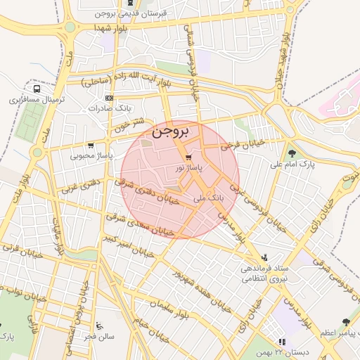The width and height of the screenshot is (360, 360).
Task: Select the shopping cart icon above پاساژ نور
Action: (188, 157)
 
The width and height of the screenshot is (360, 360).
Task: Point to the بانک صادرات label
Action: (110, 109)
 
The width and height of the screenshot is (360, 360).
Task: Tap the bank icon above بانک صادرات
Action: (109, 98)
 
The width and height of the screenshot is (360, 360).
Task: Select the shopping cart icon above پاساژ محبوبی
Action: (90, 145)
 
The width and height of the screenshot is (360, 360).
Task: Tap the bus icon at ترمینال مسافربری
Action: (36, 89)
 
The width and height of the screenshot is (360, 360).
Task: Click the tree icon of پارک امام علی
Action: (292, 153)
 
